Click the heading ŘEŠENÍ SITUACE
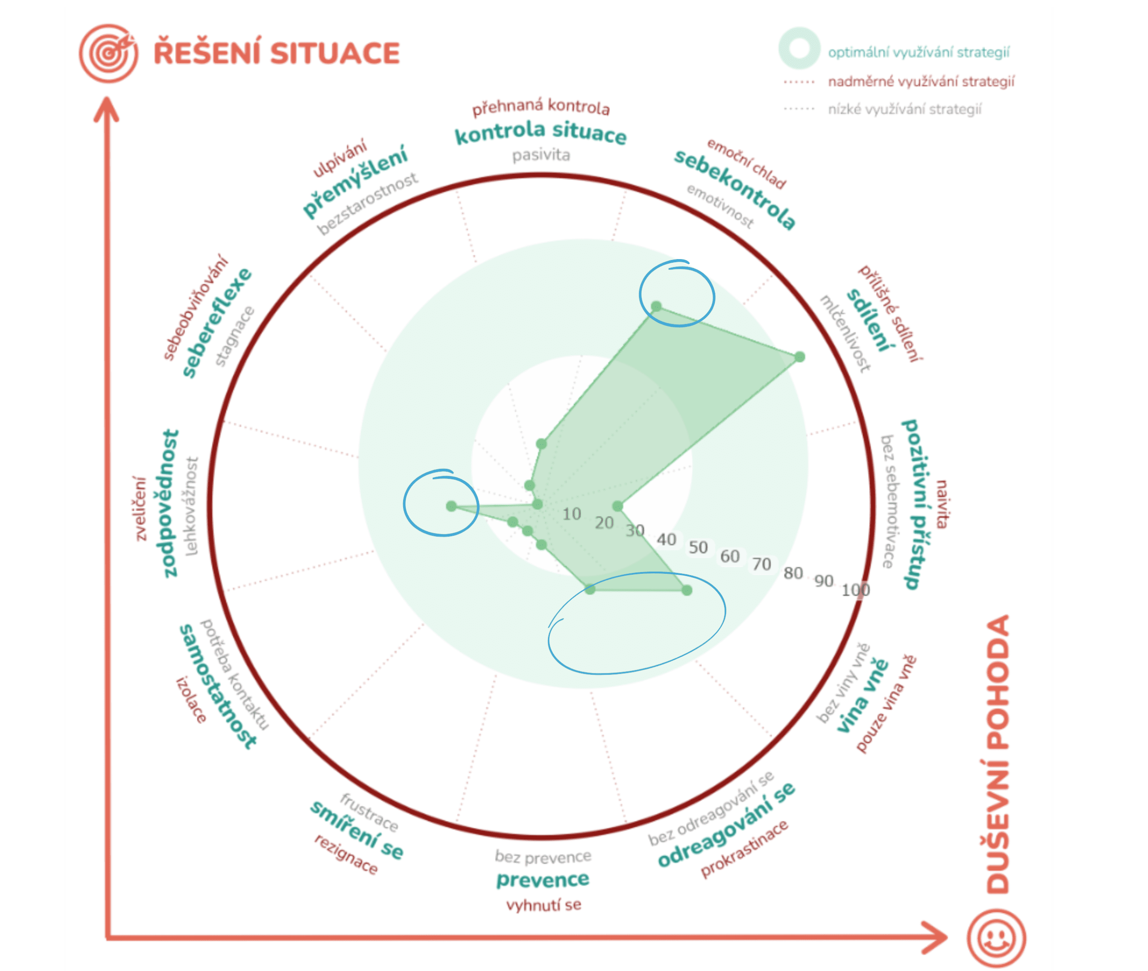pyautogui.click(x=276, y=53)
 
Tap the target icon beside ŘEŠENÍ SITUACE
pyautogui.click(x=109, y=53)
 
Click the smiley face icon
pyautogui.click(x=996, y=937)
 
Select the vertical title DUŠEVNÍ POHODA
pyautogui.click(x=998, y=754)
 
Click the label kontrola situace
pyautogui.click(x=540, y=133)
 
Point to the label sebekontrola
pyautogui.click(x=735, y=189)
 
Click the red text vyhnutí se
pyautogui.click(x=543, y=905)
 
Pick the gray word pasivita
pyautogui.click(x=541, y=155)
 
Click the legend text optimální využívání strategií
pyautogui.click(x=918, y=52)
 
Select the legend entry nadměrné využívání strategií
pyautogui.click(x=921, y=82)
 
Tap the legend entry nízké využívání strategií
pyautogui.click(x=904, y=109)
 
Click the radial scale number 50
pyautogui.click(x=698, y=547)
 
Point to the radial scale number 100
pyautogui.click(x=855, y=590)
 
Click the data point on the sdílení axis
pyautogui.click(x=800, y=357)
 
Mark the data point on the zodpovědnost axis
pyautogui.click(x=452, y=506)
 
